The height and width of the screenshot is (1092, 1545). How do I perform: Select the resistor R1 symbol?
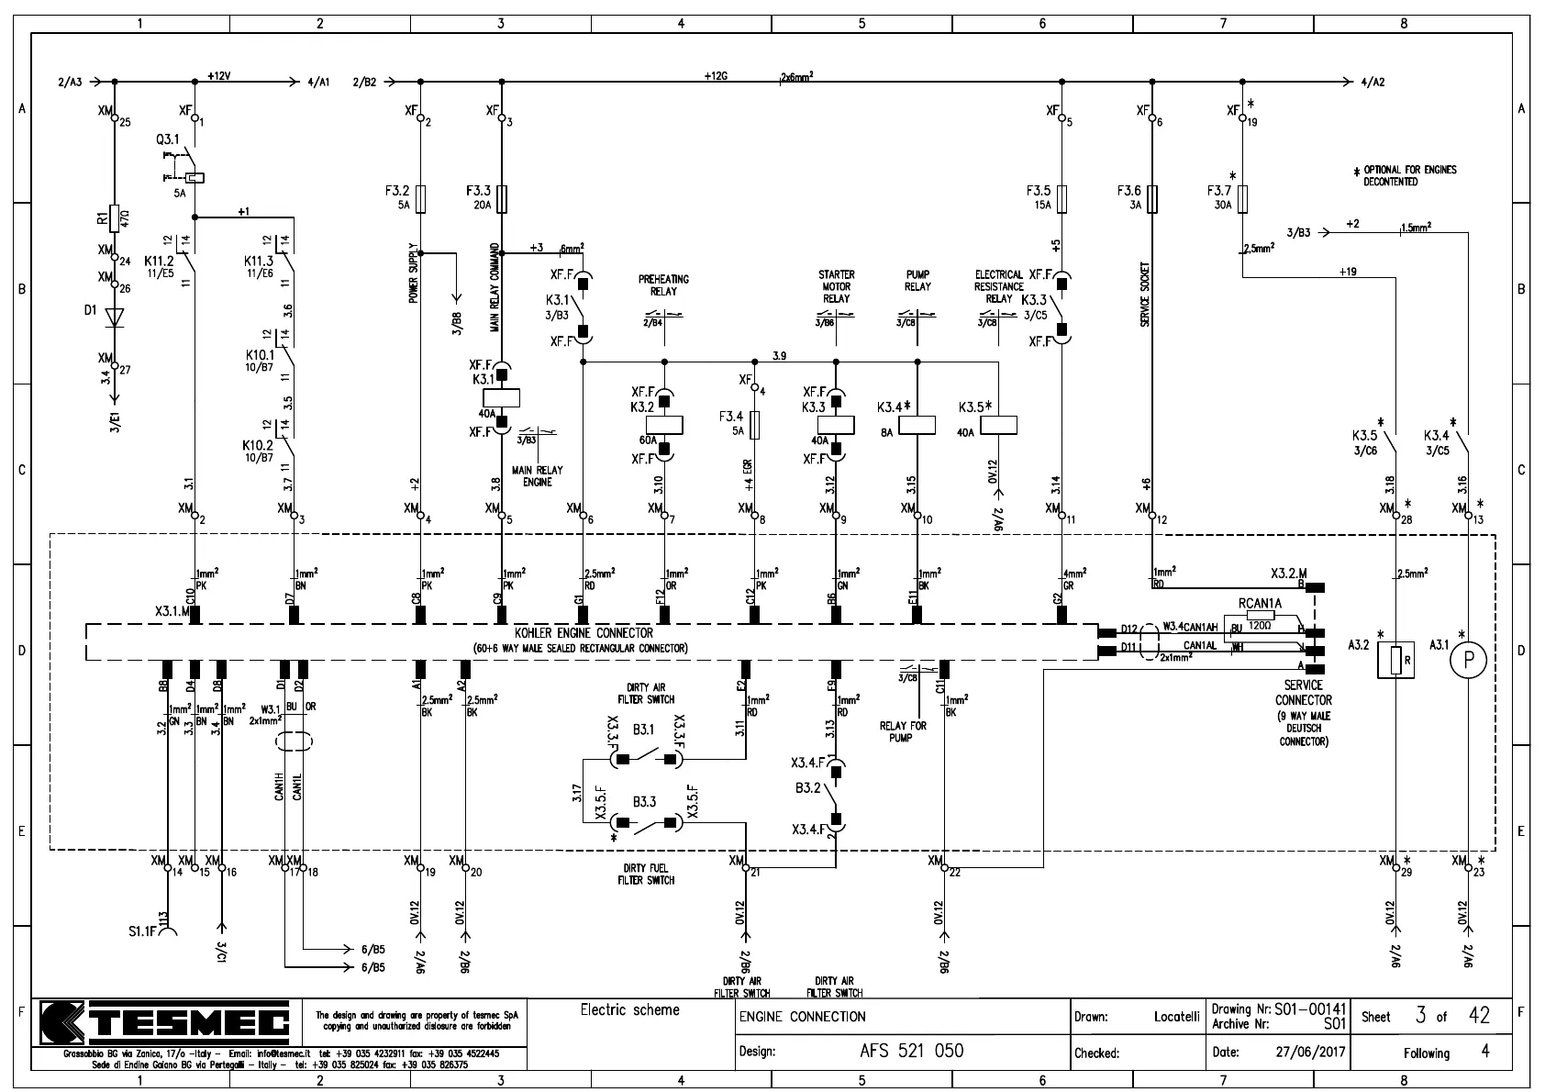[114, 218]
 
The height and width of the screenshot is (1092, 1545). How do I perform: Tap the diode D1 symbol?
[114, 318]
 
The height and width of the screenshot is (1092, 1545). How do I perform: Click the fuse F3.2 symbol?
[420, 198]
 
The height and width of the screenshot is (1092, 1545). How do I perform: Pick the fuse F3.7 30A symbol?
[1241, 198]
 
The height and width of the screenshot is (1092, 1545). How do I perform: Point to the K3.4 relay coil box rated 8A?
[917, 425]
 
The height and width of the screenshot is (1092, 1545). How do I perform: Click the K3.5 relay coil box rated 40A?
[998, 425]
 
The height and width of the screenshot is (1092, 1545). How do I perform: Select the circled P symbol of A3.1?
[1468, 659]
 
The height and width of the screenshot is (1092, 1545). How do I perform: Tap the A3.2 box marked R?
[1395, 660]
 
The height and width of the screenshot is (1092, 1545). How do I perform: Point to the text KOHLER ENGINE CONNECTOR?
[584, 633]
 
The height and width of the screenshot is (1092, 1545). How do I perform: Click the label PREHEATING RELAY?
[663, 284]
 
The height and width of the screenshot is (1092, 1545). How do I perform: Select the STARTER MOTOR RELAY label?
[836, 286]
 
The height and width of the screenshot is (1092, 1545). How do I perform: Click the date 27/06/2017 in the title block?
[1309, 1052]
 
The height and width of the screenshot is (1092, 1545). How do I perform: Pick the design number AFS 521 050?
[911, 1051]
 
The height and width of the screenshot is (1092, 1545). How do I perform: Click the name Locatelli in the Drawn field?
[1176, 1017]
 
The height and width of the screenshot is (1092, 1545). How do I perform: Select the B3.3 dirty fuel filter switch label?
[644, 802]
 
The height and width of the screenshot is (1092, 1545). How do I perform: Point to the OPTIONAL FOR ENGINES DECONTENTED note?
[1409, 175]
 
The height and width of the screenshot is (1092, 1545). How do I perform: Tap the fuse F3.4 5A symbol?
[754, 424]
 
